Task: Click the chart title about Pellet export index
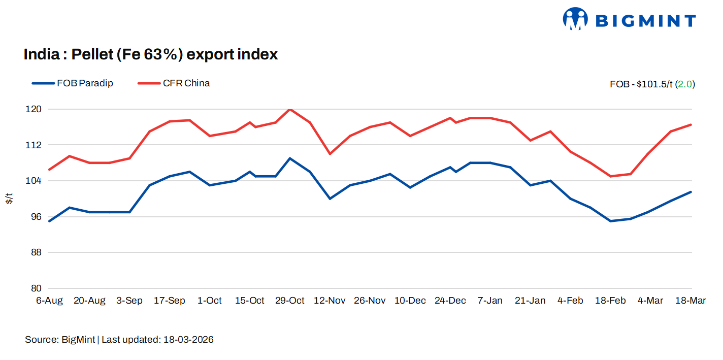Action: [151, 54]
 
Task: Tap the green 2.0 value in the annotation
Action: [685, 84]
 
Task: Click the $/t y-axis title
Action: [10, 199]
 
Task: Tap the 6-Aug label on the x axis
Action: [49, 301]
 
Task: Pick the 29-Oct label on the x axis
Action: [289, 301]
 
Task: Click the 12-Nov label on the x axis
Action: [330, 301]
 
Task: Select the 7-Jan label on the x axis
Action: [490, 301]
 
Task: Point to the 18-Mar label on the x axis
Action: [690, 301]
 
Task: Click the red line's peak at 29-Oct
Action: [289, 109]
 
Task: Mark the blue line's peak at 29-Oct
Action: [289, 158]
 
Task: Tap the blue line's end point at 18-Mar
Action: [691, 192]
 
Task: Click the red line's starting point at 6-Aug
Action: [49, 170]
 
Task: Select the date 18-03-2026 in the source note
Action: [188, 340]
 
